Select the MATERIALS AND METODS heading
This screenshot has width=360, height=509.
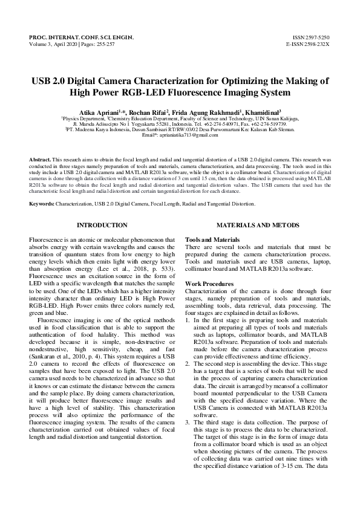[x=257, y=225]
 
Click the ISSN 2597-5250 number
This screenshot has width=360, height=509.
[x=311, y=38]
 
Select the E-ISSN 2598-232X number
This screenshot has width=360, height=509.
[x=308, y=45]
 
